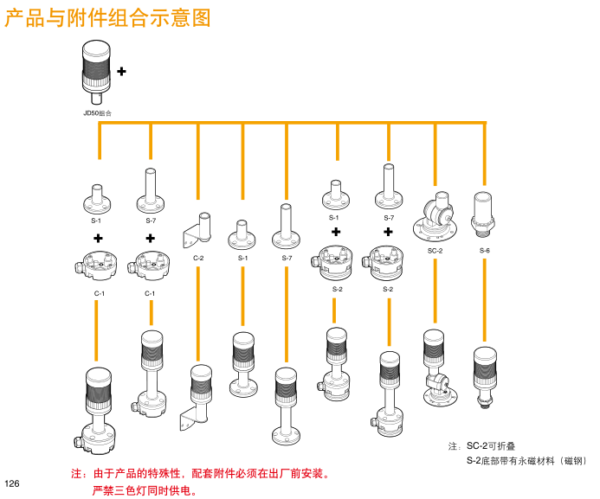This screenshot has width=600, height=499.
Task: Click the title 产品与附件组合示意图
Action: (x=108, y=18)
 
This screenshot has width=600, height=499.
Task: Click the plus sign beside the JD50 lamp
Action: (x=121, y=70)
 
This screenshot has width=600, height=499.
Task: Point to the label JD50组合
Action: (x=97, y=112)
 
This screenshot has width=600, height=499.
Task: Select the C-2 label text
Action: (x=198, y=258)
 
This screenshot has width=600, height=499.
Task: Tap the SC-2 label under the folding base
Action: (x=435, y=250)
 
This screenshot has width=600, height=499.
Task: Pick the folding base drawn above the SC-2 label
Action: (x=435, y=216)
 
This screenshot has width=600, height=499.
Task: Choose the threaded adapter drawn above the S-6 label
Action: (x=484, y=214)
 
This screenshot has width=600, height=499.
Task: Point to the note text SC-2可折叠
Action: (x=491, y=446)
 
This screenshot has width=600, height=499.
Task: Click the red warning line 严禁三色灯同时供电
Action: (x=145, y=491)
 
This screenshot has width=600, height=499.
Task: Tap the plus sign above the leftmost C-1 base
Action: (x=99, y=238)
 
